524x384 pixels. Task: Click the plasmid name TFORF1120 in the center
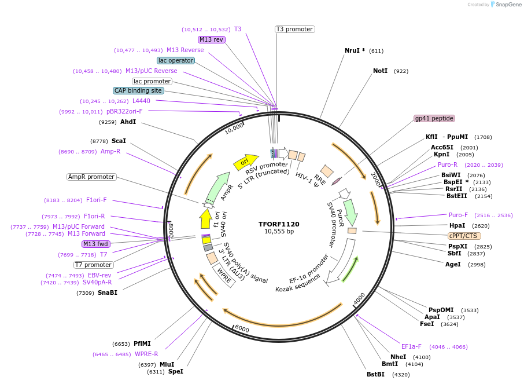point(279,224)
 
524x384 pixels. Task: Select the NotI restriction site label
point(380,71)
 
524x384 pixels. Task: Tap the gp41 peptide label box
point(434,118)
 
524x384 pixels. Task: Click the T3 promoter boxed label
point(294,29)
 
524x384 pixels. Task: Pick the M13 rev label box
point(211,39)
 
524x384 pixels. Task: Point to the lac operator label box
point(176,60)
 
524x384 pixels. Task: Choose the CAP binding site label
point(138,90)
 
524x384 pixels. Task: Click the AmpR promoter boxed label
point(91,177)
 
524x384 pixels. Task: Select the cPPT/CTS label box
point(464,236)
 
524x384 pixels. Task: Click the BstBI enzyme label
point(375,374)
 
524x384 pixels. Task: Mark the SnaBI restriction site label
point(107,292)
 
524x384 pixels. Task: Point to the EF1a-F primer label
point(411,346)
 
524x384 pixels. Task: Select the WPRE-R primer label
point(146,354)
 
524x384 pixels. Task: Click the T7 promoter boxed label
point(93,265)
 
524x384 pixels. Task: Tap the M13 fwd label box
point(96,244)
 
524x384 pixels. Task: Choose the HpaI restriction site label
point(457,225)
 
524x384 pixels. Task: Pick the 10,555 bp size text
point(279,232)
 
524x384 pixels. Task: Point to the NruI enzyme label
point(355,50)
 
